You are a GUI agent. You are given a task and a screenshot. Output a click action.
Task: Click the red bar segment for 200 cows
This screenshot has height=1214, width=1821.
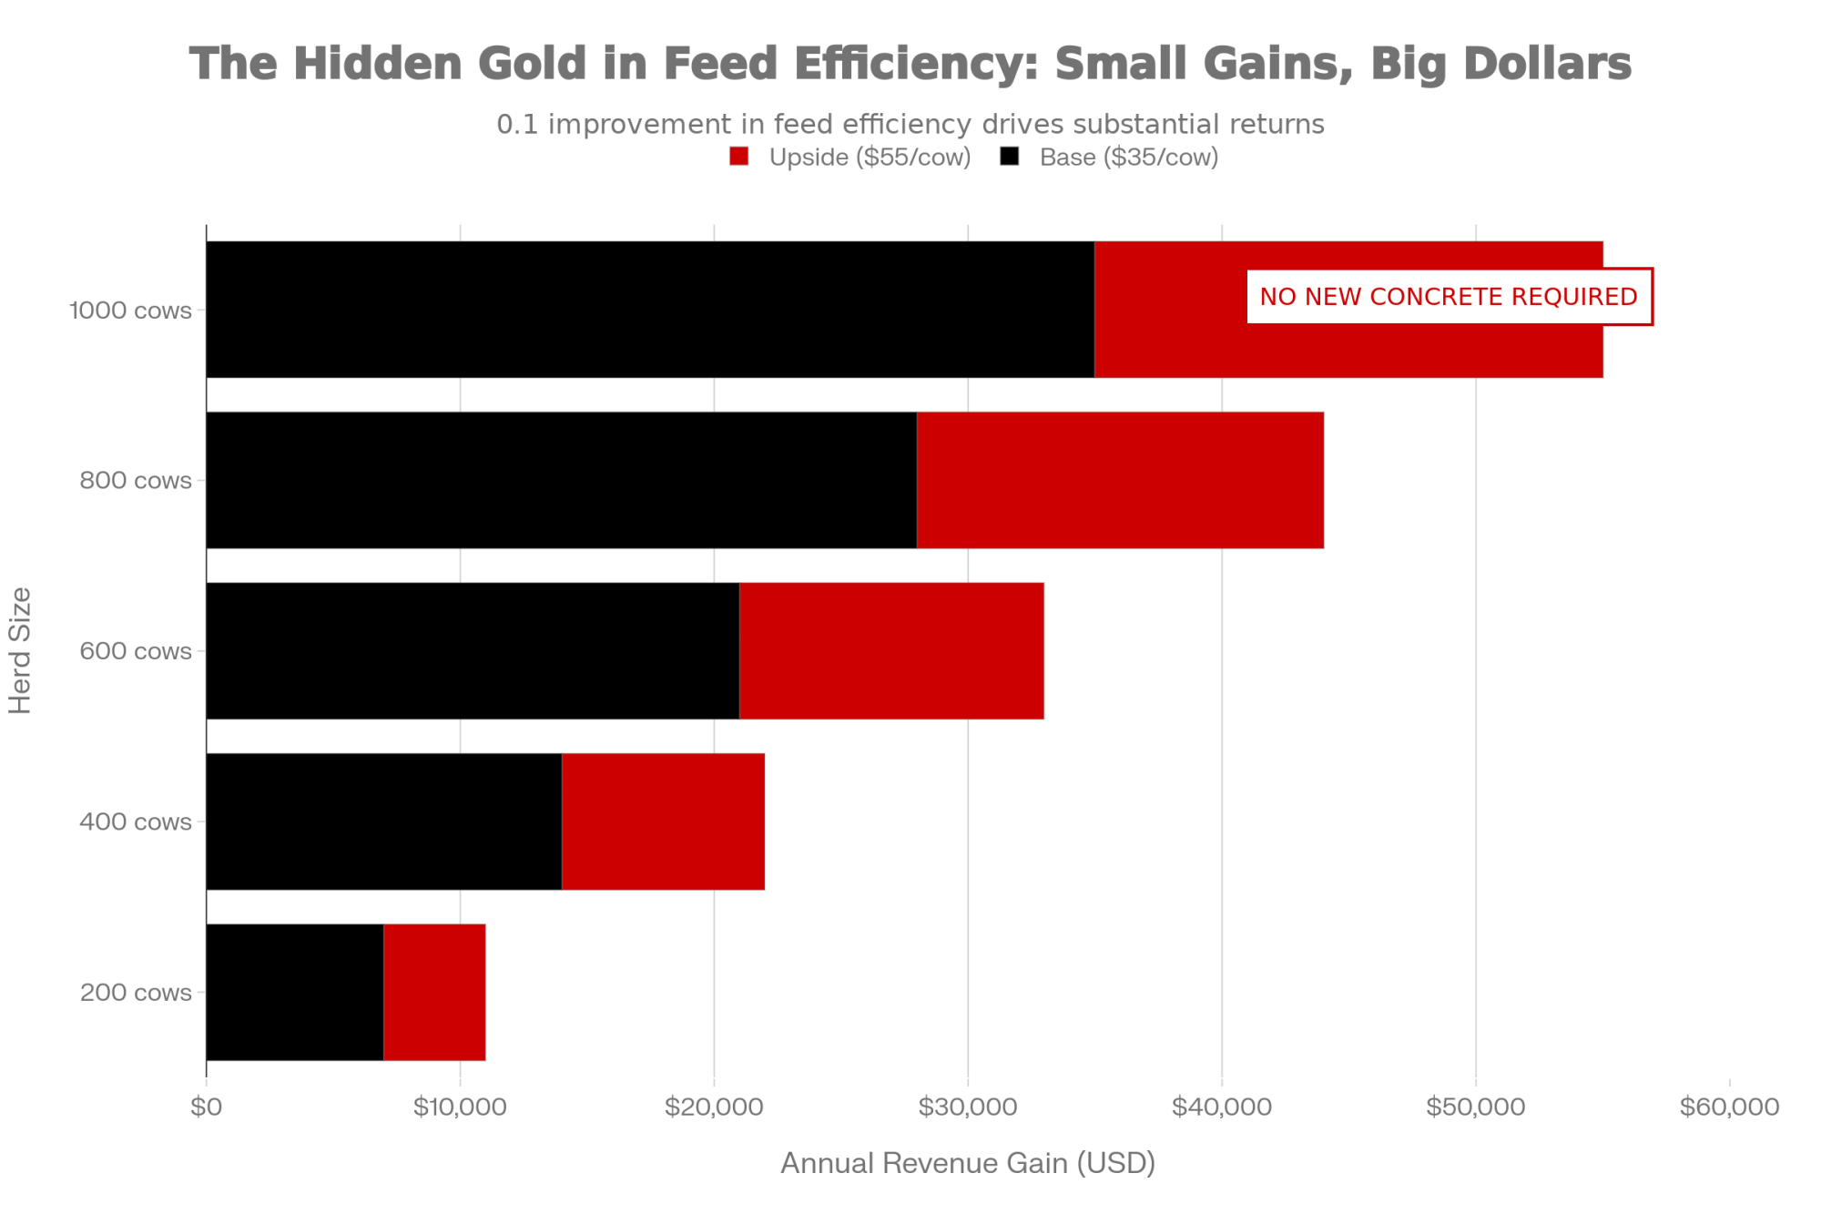click(434, 992)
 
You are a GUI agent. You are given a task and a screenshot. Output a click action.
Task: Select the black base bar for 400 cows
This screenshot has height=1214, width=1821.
click(383, 821)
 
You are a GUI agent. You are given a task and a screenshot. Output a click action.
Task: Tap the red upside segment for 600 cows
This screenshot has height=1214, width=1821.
click(891, 650)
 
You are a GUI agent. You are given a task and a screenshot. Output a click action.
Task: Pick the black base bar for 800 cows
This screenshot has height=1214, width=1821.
click(561, 480)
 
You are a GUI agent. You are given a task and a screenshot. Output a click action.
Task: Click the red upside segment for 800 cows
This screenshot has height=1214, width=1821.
click(1120, 480)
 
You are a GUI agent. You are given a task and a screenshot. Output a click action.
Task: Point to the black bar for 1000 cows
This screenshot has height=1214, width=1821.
click(650, 310)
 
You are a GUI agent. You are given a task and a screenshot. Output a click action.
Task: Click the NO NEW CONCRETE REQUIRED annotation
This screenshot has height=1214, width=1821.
click(1449, 297)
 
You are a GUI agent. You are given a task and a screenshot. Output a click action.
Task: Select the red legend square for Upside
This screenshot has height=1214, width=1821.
click(738, 157)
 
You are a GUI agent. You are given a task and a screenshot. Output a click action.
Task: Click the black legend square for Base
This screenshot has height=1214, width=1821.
click(1009, 157)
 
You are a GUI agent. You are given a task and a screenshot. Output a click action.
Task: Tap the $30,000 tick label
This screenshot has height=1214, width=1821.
click(967, 1107)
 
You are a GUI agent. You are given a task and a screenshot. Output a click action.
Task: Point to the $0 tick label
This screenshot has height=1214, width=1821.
click(207, 1107)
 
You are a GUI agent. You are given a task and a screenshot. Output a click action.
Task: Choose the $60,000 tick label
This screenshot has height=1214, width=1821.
click(1728, 1107)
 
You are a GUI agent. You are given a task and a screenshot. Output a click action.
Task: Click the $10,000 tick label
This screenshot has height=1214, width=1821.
click(460, 1107)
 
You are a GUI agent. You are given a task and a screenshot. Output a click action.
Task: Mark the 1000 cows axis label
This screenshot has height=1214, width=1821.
click(130, 311)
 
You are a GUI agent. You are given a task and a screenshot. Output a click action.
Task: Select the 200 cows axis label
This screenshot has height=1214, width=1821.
click(136, 992)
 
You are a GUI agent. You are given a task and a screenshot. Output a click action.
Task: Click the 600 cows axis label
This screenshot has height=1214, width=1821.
click(136, 651)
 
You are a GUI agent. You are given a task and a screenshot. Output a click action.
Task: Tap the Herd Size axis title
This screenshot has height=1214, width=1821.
click(20, 650)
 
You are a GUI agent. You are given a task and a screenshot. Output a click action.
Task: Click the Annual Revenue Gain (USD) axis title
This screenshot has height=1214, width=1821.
click(967, 1163)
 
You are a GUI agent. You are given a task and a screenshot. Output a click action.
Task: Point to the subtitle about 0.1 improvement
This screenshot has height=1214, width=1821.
click(910, 124)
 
